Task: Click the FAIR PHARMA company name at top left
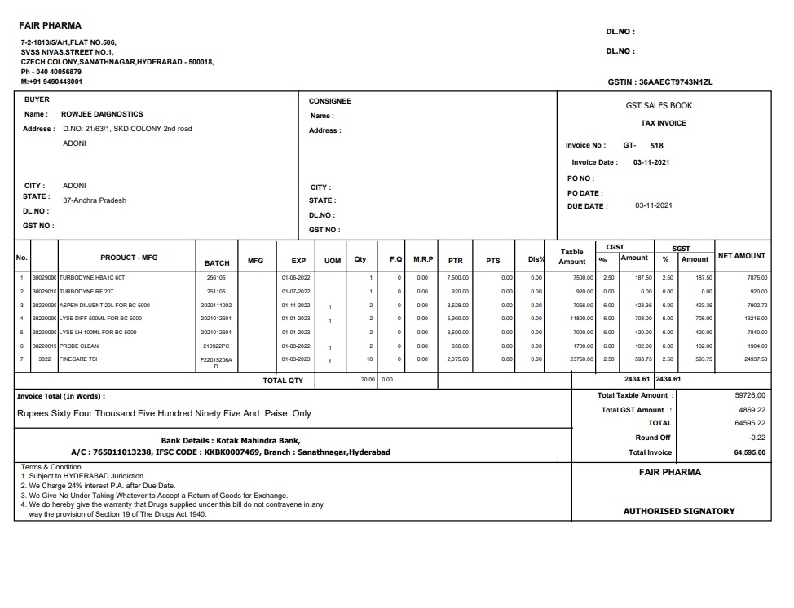[51, 26]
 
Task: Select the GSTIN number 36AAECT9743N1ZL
[676, 82]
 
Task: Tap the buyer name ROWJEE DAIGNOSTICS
[102, 115]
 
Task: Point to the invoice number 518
[656, 146]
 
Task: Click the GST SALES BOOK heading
[659, 106]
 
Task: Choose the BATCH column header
[217, 263]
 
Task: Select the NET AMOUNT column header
[741, 256]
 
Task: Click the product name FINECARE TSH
[80, 359]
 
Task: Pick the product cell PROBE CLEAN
[80, 346]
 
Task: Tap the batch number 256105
[216, 278]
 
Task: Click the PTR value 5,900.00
[457, 319]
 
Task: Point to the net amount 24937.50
[756, 359]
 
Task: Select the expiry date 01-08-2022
[295, 346]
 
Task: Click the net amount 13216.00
[756, 319]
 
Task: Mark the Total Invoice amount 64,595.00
[749, 452]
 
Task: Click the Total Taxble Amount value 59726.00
[750, 395]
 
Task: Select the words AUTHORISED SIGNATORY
[679, 511]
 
